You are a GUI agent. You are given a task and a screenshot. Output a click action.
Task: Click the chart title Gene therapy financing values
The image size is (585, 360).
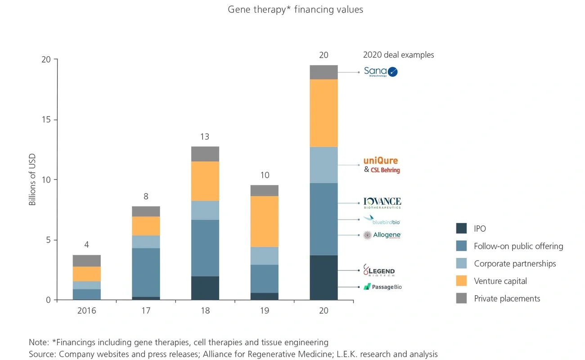(x=295, y=9)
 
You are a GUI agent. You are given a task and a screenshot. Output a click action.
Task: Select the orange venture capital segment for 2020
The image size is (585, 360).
(x=324, y=113)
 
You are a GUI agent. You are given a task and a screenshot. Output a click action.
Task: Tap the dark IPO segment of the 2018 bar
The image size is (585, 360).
(x=205, y=288)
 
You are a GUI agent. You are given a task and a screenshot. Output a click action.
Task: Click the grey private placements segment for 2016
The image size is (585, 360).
(x=86, y=261)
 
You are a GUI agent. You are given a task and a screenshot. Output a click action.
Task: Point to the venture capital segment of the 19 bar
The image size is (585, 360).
(x=264, y=221)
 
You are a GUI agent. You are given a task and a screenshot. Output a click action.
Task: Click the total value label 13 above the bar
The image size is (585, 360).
(x=205, y=137)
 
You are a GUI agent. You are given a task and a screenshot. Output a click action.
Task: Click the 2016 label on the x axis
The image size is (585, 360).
(x=86, y=311)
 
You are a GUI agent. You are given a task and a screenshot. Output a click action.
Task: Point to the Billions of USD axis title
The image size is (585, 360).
(x=32, y=180)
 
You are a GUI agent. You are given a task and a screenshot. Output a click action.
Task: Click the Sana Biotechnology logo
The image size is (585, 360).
(x=381, y=72)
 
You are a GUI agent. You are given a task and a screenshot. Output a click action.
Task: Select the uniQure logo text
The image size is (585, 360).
(x=381, y=161)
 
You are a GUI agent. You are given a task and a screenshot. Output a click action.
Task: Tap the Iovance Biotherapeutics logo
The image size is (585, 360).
(x=382, y=203)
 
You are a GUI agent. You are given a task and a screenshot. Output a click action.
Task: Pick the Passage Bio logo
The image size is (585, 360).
(x=382, y=287)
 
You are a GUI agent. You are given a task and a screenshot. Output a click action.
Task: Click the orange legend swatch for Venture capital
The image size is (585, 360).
(x=461, y=281)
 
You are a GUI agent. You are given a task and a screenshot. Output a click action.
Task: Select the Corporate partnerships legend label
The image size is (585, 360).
(x=515, y=264)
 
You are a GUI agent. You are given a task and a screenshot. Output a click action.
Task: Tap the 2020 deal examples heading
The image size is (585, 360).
(x=398, y=55)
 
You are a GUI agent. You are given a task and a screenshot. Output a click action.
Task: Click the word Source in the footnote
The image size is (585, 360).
(x=40, y=354)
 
